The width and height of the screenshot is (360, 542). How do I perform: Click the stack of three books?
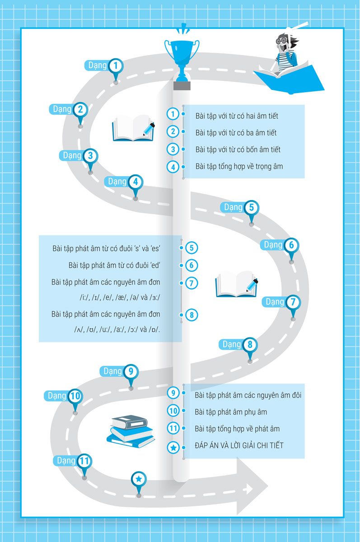coord(131,431)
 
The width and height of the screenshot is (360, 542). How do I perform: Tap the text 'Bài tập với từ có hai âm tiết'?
coord(237,116)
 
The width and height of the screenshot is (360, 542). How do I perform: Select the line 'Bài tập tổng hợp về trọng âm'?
coord(239,167)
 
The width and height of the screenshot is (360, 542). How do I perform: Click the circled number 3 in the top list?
coord(173,150)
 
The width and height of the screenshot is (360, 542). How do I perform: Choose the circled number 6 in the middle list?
coord(192,266)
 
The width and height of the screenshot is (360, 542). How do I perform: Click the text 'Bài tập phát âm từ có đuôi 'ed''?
coord(114,266)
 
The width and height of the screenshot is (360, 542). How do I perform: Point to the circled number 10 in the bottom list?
coord(173,411)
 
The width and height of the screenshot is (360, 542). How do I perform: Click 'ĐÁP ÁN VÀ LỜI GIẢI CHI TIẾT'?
coord(239,445)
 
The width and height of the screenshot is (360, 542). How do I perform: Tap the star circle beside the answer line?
coord(173,448)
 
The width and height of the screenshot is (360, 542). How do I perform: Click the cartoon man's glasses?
coord(281,40)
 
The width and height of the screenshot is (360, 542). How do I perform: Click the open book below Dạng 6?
coord(236,284)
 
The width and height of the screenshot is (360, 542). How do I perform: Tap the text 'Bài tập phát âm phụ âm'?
coord(231,412)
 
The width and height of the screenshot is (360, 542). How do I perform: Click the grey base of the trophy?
coord(182,86)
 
